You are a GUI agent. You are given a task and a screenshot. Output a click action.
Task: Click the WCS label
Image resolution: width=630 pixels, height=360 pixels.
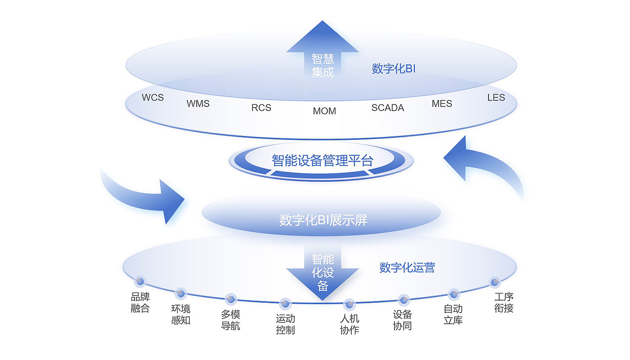[x=153, y=97]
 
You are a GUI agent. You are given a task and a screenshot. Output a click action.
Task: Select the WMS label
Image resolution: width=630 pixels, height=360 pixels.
[x=198, y=103]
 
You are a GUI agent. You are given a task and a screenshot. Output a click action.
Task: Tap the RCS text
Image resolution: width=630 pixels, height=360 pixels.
[x=261, y=108]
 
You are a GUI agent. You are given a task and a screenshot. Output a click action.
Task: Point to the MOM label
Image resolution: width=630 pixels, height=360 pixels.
[x=324, y=111]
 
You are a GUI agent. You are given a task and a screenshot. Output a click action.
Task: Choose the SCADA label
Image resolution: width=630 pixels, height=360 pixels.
[x=387, y=108]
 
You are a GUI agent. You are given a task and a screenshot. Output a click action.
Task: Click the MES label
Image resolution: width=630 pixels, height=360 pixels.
[x=442, y=103]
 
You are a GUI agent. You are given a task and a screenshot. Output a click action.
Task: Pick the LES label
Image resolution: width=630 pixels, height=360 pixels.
[x=496, y=98]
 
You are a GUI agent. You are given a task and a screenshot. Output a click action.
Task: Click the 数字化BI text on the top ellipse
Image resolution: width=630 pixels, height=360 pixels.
[x=393, y=68]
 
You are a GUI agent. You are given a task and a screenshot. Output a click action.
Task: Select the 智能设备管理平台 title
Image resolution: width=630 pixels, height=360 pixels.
[x=322, y=160]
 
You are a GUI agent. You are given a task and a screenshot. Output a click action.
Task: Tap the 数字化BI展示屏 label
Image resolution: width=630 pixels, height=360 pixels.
[x=323, y=220]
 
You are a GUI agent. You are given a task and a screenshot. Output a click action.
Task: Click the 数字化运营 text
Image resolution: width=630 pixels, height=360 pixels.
[x=407, y=267]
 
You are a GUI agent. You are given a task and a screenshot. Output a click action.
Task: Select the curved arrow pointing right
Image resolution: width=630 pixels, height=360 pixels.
[x=146, y=197]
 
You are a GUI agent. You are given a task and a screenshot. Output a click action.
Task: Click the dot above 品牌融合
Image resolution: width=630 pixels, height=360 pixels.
[x=140, y=281]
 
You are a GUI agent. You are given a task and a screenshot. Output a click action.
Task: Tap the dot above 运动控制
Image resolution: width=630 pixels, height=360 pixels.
[x=285, y=304]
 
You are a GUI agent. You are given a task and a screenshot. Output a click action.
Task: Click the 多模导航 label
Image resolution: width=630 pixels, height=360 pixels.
[x=230, y=320]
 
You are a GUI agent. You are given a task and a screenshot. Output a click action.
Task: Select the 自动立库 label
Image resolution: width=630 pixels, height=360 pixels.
[x=453, y=315]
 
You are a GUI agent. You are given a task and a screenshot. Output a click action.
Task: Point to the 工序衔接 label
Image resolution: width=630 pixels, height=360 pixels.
[x=504, y=302]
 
